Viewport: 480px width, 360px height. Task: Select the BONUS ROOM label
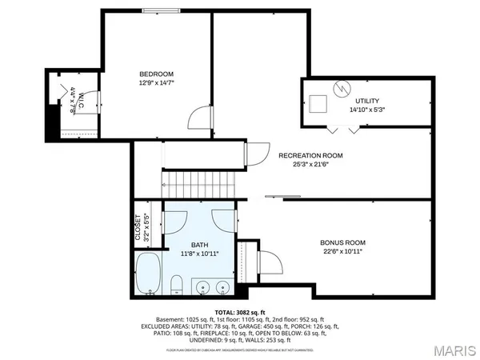[x=342, y=242]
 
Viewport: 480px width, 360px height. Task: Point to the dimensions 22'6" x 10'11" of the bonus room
[x=342, y=251]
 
